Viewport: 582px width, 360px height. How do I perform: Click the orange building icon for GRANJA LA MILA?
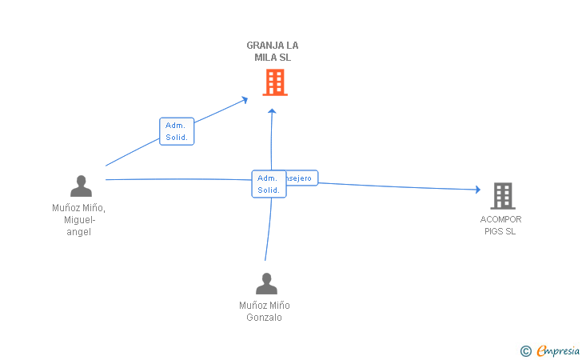[274, 82]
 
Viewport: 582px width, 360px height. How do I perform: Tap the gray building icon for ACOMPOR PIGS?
[502, 195]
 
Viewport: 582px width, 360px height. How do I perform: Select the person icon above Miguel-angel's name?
[81, 186]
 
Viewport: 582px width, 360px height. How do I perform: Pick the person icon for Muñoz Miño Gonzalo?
[265, 283]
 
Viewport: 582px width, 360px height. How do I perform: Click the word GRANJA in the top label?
[261, 46]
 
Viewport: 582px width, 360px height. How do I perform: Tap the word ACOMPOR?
[501, 219]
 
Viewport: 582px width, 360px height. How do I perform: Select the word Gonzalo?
[265, 318]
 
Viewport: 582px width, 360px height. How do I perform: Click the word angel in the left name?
[79, 232]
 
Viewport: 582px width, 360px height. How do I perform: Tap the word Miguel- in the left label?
[79, 220]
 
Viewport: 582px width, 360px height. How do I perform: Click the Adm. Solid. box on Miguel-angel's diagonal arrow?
[177, 131]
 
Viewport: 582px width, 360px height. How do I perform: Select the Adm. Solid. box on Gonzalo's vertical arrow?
[268, 184]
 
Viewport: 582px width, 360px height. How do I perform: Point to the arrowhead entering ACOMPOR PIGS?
[477, 190]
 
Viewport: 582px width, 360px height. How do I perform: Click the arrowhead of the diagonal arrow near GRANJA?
[244, 99]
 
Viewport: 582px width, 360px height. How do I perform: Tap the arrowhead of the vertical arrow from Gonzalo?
[272, 111]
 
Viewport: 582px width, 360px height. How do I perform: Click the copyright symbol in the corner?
[525, 350]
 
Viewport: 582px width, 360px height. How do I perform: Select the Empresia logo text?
[558, 350]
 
